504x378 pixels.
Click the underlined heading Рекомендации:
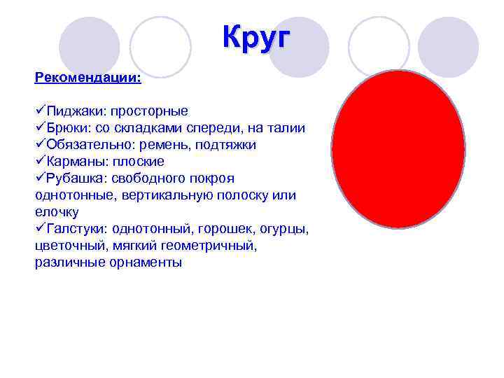(x=87, y=77)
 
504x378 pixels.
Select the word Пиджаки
(x=72, y=111)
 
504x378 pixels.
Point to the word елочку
(x=57, y=212)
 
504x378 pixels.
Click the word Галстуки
(x=74, y=229)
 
